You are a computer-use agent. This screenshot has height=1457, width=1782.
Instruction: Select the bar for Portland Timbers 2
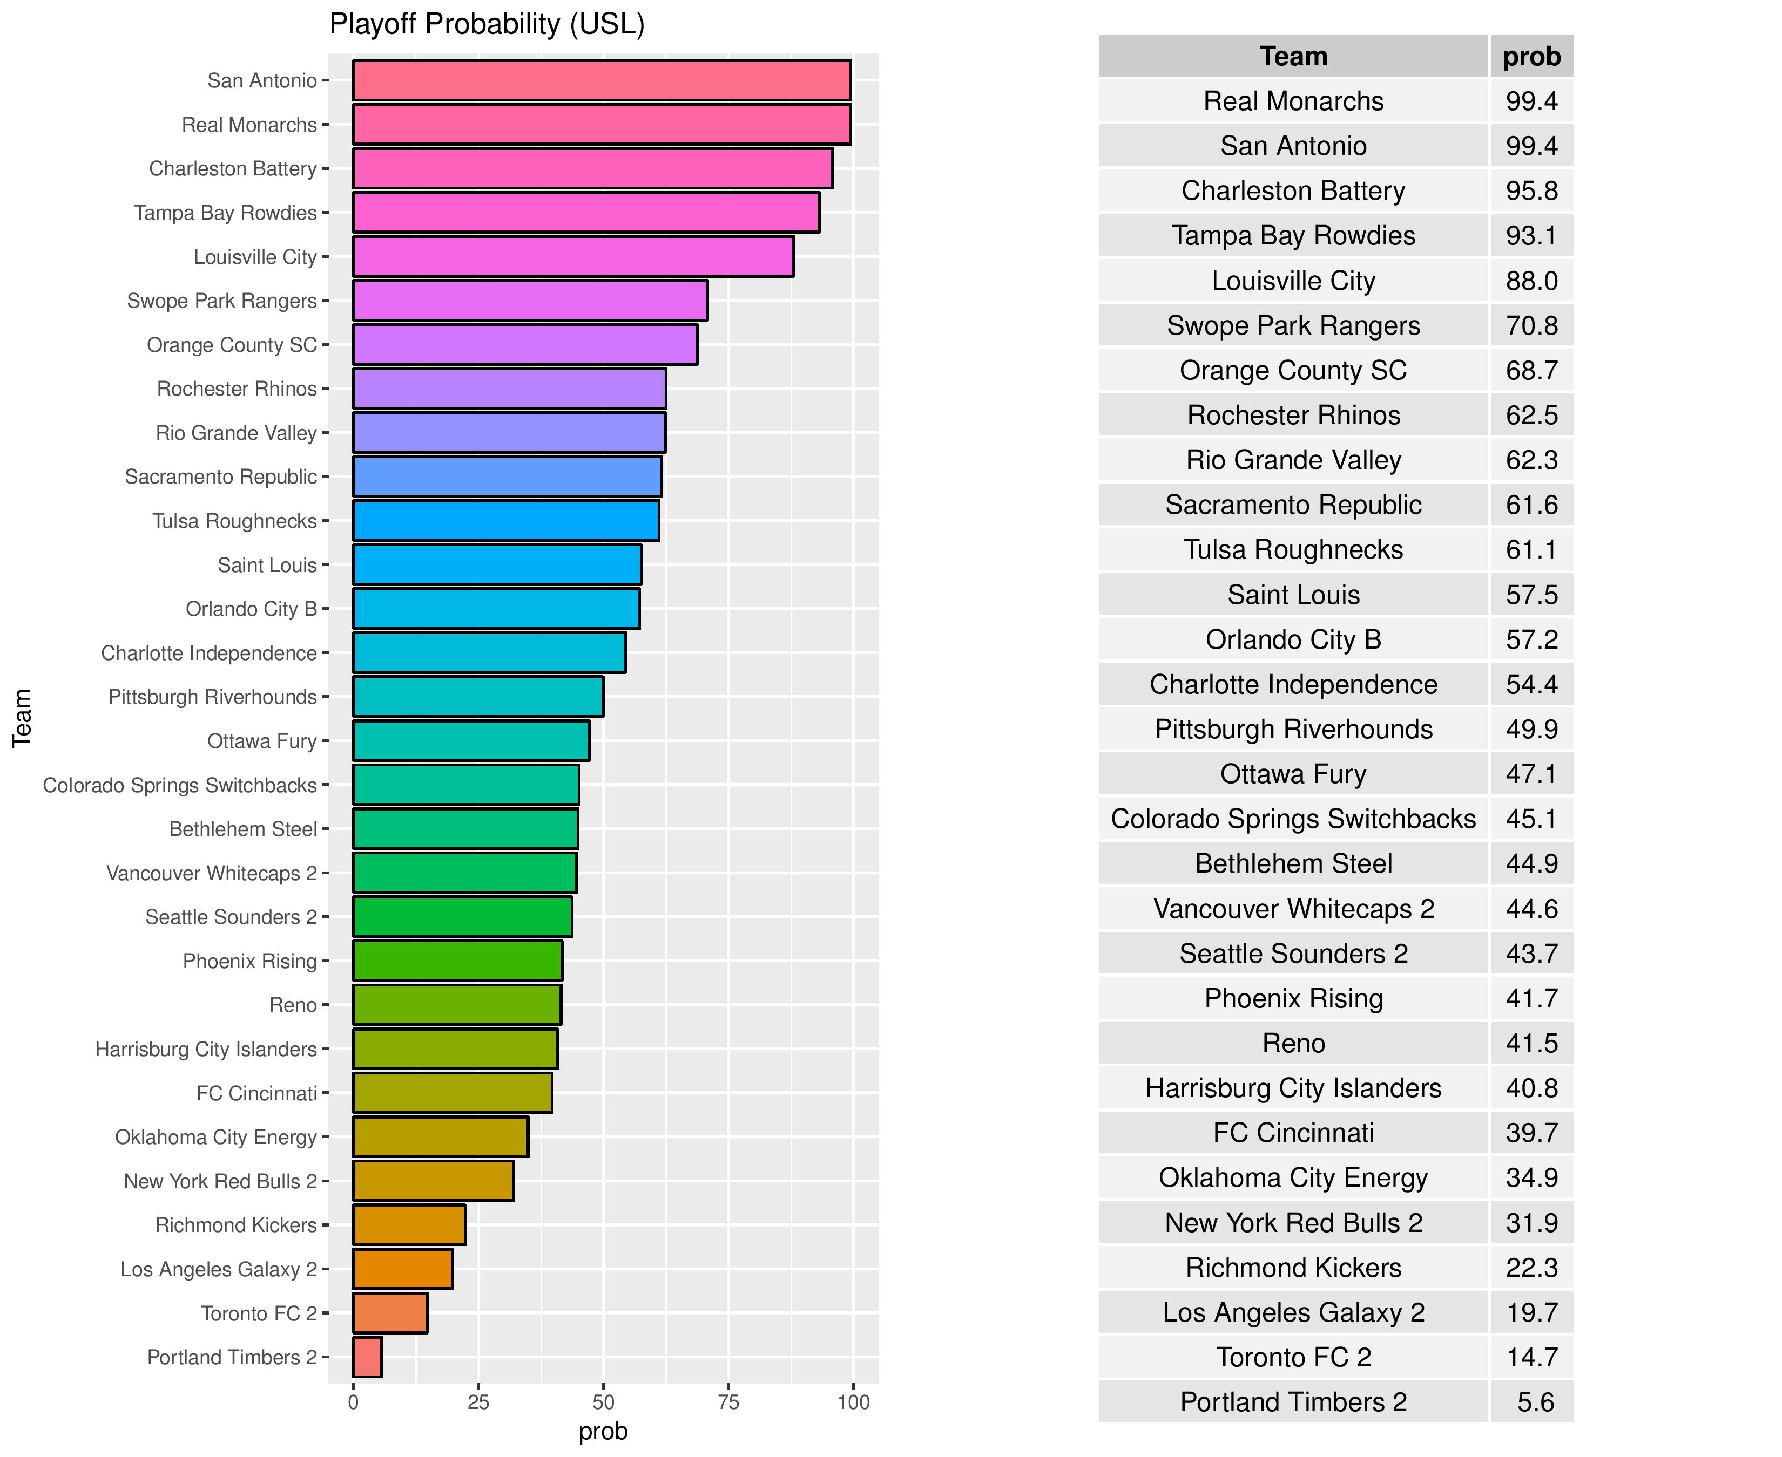pos(367,1357)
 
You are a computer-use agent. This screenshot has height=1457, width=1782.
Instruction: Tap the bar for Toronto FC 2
pos(390,1312)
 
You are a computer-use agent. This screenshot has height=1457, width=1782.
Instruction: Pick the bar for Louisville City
pos(573,257)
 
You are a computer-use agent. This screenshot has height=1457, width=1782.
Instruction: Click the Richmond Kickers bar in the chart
pos(409,1224)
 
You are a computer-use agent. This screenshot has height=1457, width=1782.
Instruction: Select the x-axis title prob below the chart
pos(603,1431)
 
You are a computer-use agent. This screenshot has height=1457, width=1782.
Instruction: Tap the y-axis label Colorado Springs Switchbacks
pos(180,786)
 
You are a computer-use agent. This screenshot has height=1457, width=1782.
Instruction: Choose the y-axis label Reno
pos(293,1005)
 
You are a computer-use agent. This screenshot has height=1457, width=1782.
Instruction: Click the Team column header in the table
pos(1293,56)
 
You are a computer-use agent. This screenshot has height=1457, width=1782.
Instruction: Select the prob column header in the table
pos(1531,56)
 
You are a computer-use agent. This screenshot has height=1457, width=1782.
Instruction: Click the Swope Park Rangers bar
pos(530,301)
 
